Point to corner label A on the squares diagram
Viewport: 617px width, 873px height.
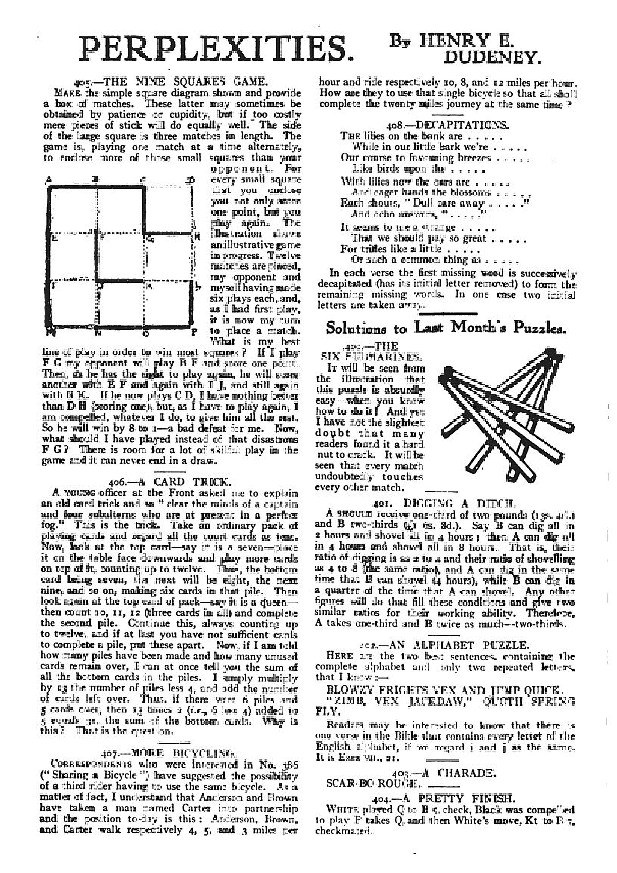(48, 179)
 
